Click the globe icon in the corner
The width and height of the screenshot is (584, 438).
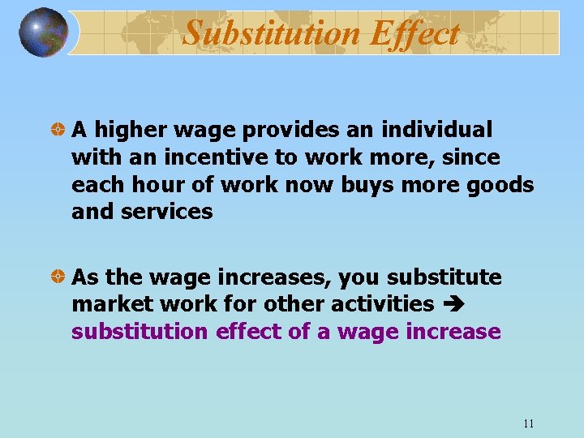point(43,32)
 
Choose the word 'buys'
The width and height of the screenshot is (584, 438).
point(364,185)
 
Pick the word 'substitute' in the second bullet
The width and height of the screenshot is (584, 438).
point(444,277)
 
